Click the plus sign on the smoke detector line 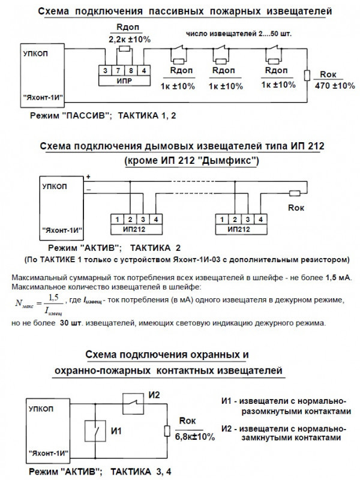89,176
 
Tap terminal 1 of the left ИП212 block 119,219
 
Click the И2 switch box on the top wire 133,403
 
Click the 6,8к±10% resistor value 194,436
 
